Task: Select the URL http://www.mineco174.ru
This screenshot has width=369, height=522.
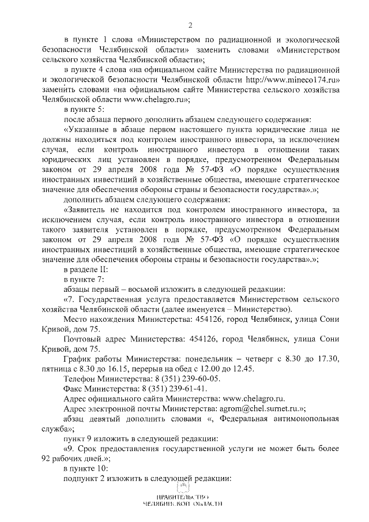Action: click(x=291, y=80)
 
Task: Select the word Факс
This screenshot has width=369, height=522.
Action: click(x=74, y=389)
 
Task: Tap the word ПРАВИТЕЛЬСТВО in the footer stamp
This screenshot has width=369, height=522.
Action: click(x=182, y=497)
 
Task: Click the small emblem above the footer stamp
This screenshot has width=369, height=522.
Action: click(x=182, y=488)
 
